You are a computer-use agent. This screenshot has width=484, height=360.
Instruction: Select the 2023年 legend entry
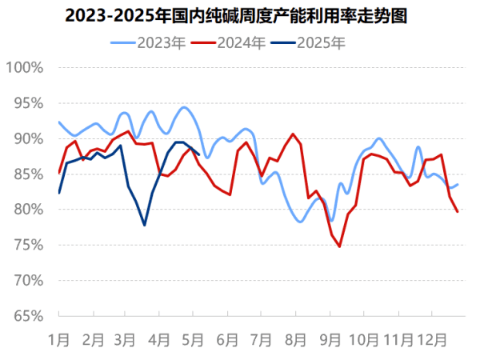(159, 43)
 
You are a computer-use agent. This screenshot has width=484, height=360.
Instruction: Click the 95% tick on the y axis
(27, 103)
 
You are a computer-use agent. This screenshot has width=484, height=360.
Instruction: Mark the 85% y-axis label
(27, 174)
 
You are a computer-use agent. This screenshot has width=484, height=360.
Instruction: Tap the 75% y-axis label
(27, 245)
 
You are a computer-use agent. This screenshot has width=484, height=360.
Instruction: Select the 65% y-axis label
(27, 315)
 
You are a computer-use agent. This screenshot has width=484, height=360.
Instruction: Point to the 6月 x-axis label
(229, 338)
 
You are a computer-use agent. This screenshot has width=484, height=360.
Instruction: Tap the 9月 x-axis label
(330, 338)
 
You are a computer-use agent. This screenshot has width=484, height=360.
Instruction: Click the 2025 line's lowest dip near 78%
(145, 225)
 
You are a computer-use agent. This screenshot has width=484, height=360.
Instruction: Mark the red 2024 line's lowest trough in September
(339, 246)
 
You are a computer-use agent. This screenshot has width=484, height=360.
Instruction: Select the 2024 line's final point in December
(458, 212)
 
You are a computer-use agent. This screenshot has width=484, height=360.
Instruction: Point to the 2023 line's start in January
(59, 122)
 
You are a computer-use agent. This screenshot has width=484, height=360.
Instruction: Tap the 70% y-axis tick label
(27, 280)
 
